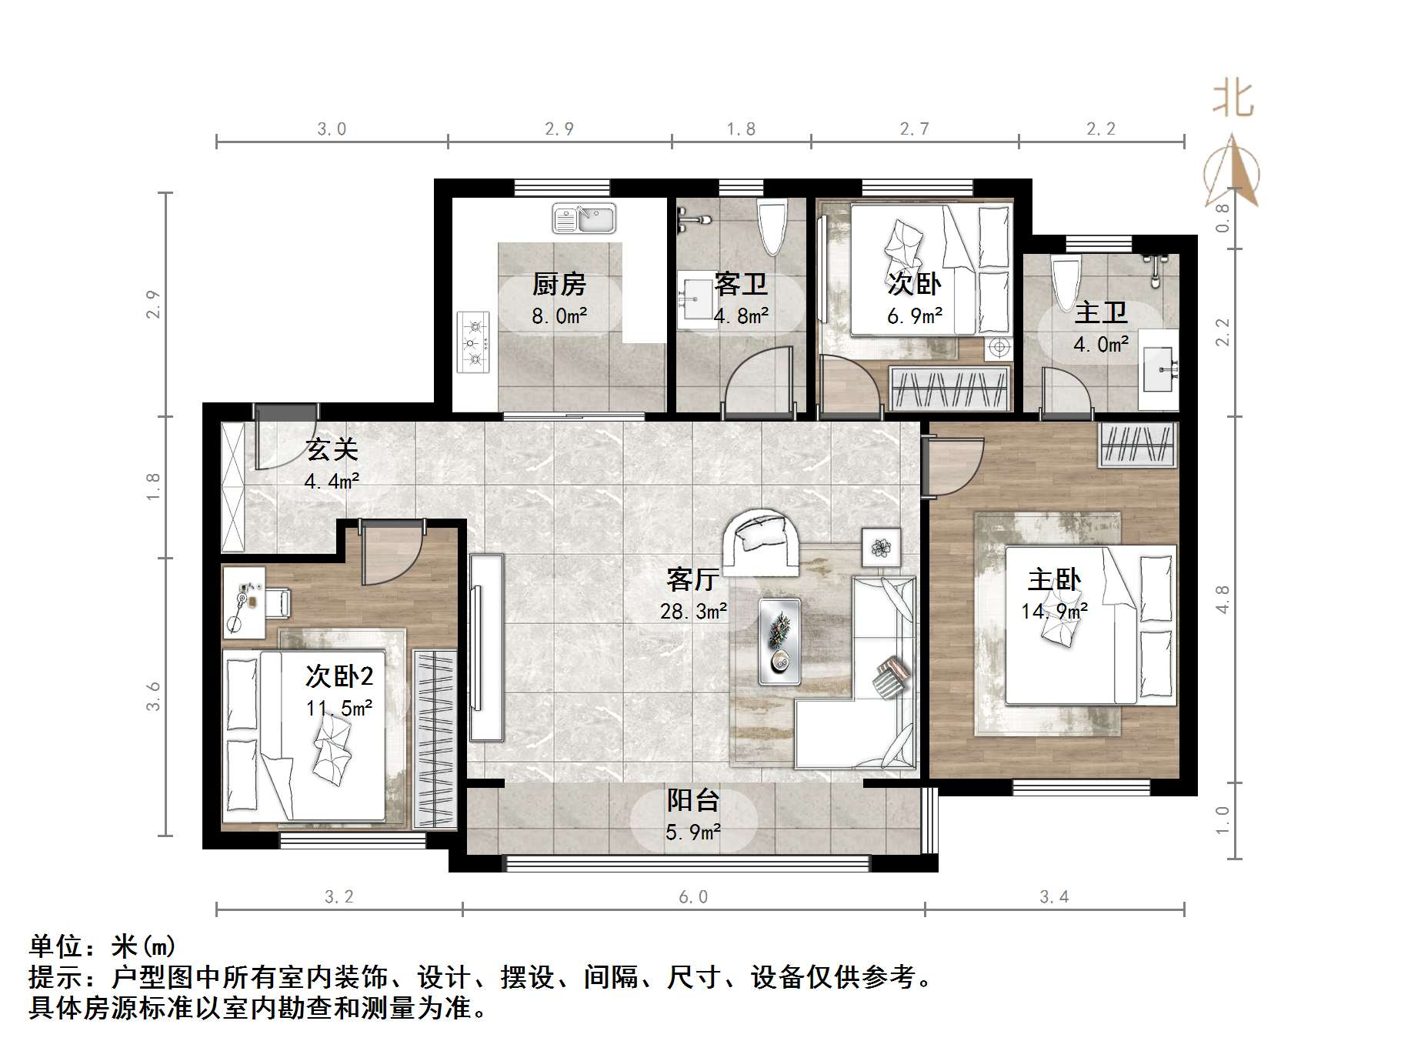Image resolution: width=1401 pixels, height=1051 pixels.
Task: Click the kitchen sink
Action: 584,218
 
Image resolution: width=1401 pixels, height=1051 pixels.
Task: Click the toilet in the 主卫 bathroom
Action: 1067,284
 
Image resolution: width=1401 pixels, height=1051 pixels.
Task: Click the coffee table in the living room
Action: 779,642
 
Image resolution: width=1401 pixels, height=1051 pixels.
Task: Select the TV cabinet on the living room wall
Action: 487,648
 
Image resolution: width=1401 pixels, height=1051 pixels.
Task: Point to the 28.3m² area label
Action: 693,612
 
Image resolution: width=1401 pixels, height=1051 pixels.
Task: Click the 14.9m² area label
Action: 1054,612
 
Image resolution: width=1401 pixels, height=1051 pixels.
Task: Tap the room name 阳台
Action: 693,801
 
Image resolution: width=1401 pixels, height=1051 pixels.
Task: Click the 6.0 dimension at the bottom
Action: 693,897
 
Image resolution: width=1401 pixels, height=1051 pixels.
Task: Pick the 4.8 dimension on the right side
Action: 1223,600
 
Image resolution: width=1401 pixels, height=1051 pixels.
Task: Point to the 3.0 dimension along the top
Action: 332,129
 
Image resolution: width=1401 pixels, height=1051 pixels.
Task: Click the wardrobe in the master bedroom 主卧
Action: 1138,445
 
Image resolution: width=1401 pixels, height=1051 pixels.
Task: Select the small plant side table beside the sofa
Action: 881,547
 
